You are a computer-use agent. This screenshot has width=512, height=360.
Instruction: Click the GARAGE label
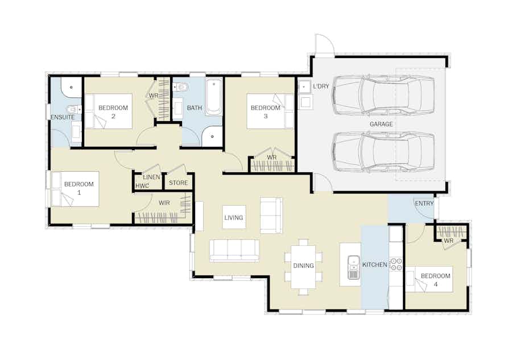coord(381,124)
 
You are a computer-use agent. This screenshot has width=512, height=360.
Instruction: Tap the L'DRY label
coord(321,86)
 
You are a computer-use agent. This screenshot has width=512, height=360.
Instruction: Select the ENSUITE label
coord(63,117)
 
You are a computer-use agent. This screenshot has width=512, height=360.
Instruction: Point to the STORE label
coord(178,183)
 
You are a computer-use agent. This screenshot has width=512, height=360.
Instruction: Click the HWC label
coord(142,186)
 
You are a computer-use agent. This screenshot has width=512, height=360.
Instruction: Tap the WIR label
coord(164,203)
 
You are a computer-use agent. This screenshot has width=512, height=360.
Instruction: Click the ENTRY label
coord(424,204)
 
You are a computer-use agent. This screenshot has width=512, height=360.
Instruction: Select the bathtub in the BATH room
coord(214,97)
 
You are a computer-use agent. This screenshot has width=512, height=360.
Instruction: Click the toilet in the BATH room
coord(181,87)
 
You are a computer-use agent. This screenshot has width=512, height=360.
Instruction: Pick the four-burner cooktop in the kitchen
coord(397,264)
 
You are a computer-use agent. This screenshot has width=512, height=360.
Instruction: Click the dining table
coord(303,267)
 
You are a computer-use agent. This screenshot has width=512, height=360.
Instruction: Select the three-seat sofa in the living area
coord(234,251)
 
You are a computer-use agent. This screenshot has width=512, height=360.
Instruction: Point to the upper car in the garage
coord(384,96)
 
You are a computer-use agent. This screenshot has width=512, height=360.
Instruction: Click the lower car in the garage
coord(384,152)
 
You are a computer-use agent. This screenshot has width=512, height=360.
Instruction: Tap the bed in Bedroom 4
coord(429,279)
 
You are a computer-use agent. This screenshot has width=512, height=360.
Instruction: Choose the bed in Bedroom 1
coord(76,189)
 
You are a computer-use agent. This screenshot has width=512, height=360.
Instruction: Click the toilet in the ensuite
coord(74,109)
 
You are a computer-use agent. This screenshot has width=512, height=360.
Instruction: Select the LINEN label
coord(151,177)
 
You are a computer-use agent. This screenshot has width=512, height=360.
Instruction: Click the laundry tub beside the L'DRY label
coord(304,87)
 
